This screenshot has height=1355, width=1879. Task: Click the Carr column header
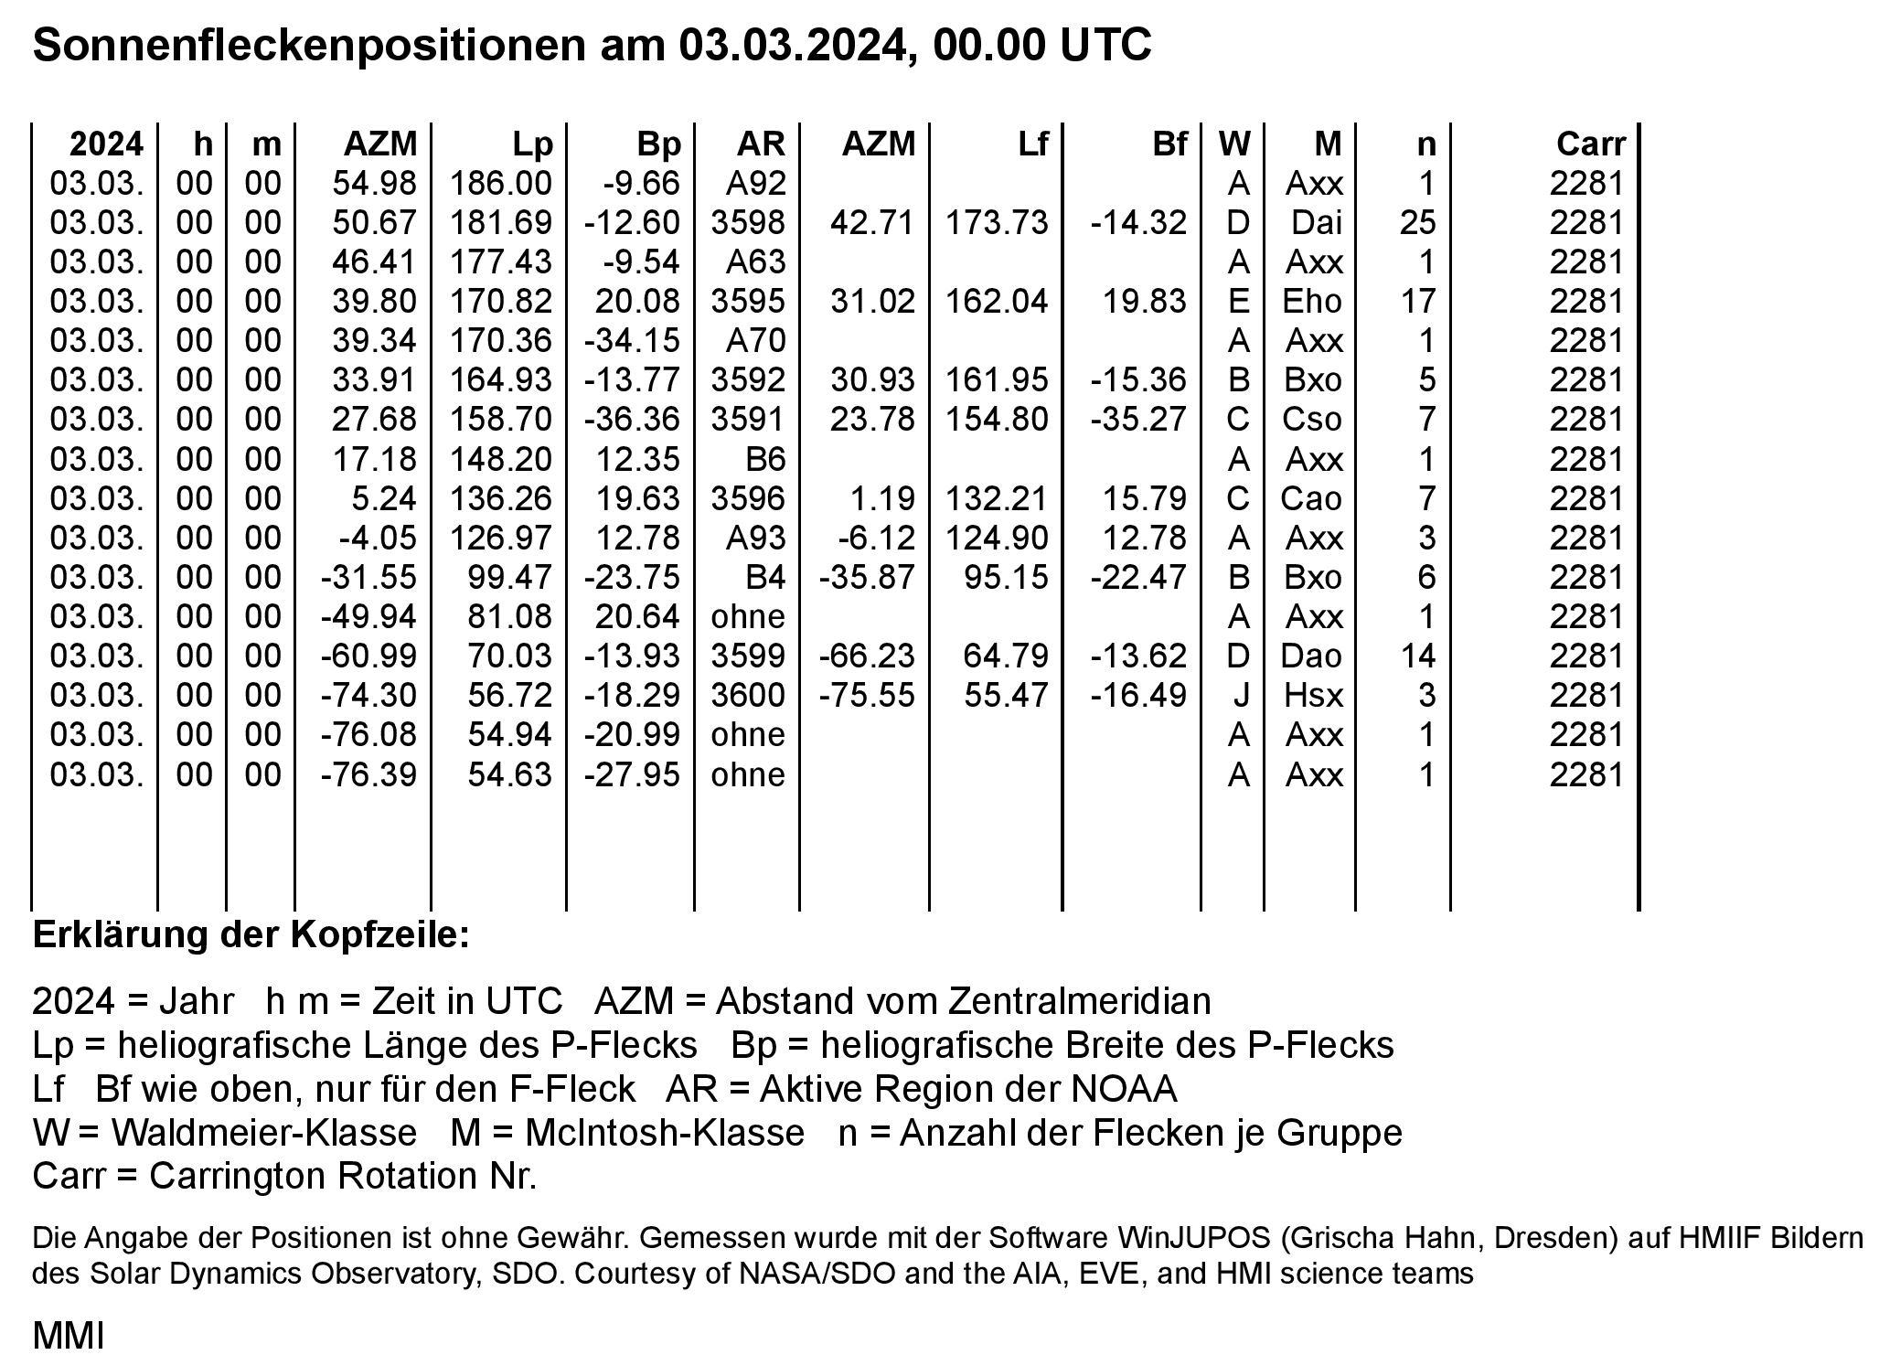(1590, 144)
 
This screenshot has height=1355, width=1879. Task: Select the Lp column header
(532, 144)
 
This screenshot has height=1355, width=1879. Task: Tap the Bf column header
(1169, 144)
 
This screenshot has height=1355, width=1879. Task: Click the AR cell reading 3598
(748, 222)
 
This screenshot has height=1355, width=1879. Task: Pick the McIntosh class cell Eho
(1312, 301)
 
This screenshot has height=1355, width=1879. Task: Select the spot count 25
(1417, 222)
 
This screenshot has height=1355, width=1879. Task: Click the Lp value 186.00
(501, 183)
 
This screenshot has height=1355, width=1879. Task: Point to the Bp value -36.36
(633, 419)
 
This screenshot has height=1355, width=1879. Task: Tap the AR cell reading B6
(765, 458)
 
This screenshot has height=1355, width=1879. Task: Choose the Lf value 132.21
(997, 498)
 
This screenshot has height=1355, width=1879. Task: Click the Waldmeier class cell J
(1240, 695)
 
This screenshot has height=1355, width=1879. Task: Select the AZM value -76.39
(368, 774)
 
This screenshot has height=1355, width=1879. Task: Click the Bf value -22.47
(1138, 577)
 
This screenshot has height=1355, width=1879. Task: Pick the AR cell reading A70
(755, 340)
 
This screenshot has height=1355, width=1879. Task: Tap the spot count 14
(1417, 656)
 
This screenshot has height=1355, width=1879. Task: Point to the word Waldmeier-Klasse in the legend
(263, 1133)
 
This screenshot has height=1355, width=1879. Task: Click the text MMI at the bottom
(69, 1335)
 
